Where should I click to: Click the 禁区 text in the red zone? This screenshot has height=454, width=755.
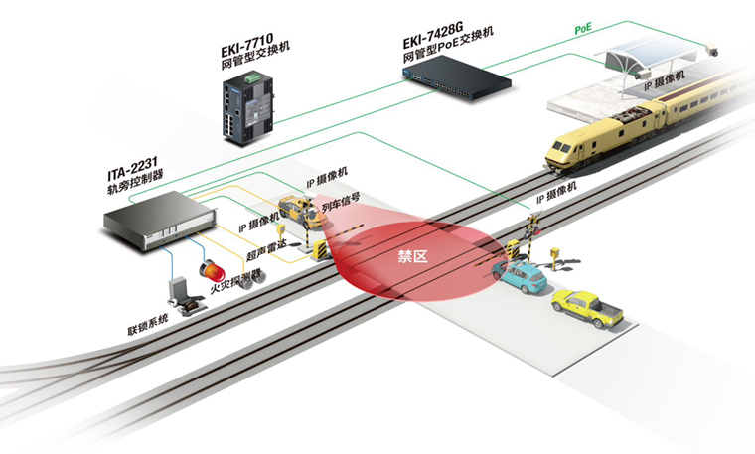click(411, 257)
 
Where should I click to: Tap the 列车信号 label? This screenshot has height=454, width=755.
click(340, 211)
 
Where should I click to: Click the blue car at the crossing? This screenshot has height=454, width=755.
click(520, 276)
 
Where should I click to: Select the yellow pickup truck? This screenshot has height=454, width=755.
click(588, 308)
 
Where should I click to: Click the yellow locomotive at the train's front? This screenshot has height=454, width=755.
click(599, 140)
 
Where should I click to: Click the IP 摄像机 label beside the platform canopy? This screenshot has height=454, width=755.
click(667, 87)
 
